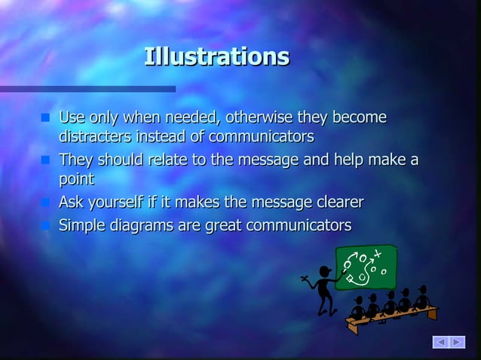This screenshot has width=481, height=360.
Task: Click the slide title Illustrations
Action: click(x=216, y=56)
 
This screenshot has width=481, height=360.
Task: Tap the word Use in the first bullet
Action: click(x=72, y=118)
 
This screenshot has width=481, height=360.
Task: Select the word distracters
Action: click(x=95, y=137)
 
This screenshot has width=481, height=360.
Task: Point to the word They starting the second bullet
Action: click(x=75, y=160)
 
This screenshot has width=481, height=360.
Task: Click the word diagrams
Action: click(x=142, y=225)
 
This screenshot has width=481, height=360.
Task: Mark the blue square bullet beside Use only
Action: click(x=45, y=119)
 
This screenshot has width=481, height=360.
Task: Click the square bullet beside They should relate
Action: click(x=45, y=160)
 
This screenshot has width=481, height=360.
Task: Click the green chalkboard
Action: click(x=369, y=267)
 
